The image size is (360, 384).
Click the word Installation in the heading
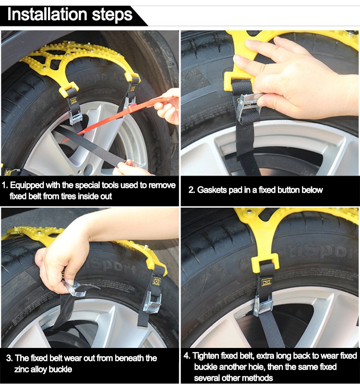(47, 14)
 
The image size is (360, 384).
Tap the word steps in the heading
(112, 15)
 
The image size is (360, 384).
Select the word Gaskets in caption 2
(212, 190)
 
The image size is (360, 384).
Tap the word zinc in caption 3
(21, 369)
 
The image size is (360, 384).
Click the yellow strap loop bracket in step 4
(265, 263)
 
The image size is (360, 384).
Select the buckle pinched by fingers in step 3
(74, 288)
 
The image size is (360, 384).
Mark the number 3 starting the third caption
(9, 358)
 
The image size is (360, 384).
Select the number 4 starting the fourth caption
(187, 356)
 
